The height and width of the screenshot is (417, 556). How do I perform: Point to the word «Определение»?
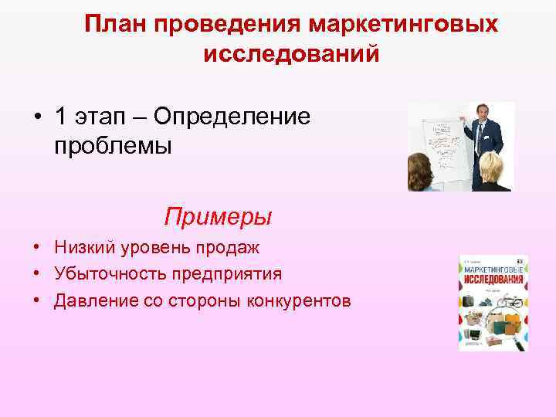(x=232, y=117)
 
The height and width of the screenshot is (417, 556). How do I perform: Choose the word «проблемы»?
(x=113, y=144)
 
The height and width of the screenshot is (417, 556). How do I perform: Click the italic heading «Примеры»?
(x=218, y=216)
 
